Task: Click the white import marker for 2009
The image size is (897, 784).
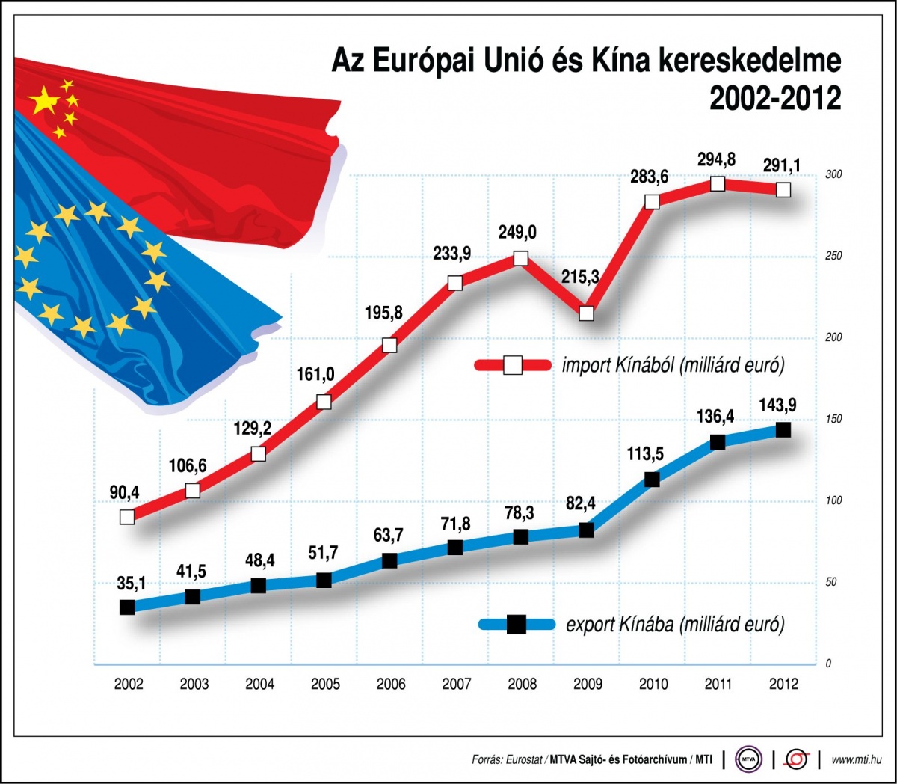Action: coord(587,313)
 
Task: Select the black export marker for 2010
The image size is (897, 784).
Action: coord(652,479)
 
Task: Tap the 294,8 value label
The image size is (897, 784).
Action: coord(717,159)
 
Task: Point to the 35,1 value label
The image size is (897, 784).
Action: coord(132,584)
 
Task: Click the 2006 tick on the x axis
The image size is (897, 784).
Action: coord(391,684)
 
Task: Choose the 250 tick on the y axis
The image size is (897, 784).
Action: coord(833,256)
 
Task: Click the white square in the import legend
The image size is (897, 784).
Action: coord(513,365)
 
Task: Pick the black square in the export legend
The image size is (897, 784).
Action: coord(517,624)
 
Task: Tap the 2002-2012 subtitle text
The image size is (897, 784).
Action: coord(775,99)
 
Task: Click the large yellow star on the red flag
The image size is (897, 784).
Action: coord(44,100)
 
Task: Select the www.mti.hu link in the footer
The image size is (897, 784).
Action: coord(856,760)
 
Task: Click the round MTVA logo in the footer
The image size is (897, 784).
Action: coord(748,759)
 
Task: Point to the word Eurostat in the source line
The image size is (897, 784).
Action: coord(524,760)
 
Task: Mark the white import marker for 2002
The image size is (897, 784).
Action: coord(127,516)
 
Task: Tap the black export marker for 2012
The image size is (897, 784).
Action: coord(783,429)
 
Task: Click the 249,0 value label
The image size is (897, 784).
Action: coord(517,233)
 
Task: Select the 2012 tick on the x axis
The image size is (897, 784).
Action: coord(783,684)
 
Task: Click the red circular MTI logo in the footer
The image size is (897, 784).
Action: coord(796,759)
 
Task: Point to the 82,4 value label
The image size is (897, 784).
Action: coord(581,503)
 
